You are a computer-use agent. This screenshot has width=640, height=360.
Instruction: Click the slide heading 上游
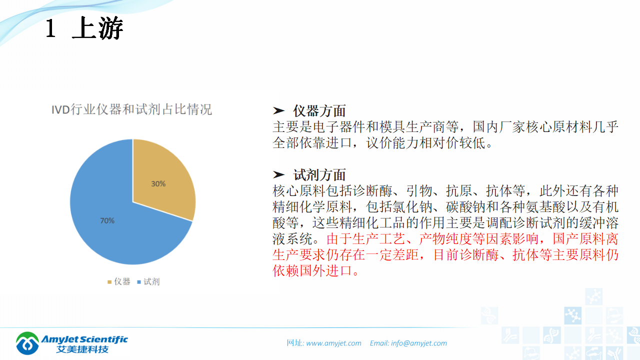point(97,28)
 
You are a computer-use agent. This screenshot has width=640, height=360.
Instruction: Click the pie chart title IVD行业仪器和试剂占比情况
point(132,109)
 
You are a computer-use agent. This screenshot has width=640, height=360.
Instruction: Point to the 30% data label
point(158,183)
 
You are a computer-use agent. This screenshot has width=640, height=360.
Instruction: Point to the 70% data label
point(107,220)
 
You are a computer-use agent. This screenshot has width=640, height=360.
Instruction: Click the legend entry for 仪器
point(119,281)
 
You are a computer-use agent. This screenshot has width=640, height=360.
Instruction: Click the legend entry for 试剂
point(148,281)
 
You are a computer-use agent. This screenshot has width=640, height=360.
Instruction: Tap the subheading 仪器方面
point(319,111)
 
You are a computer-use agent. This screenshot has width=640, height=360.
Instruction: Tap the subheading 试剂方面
point(319,175)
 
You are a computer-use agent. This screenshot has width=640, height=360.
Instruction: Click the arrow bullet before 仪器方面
point(278,111)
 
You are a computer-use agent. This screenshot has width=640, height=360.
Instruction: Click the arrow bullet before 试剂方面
point(278,175)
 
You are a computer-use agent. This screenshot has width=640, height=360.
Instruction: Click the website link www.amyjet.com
point(333,343)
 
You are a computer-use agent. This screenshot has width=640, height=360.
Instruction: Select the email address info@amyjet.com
point(419,343)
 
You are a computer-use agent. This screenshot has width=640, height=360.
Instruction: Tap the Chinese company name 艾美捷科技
point(82,349)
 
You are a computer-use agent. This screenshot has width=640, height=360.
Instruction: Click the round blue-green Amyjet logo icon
point(27,343)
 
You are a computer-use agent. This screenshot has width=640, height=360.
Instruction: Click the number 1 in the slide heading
point(50,29)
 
